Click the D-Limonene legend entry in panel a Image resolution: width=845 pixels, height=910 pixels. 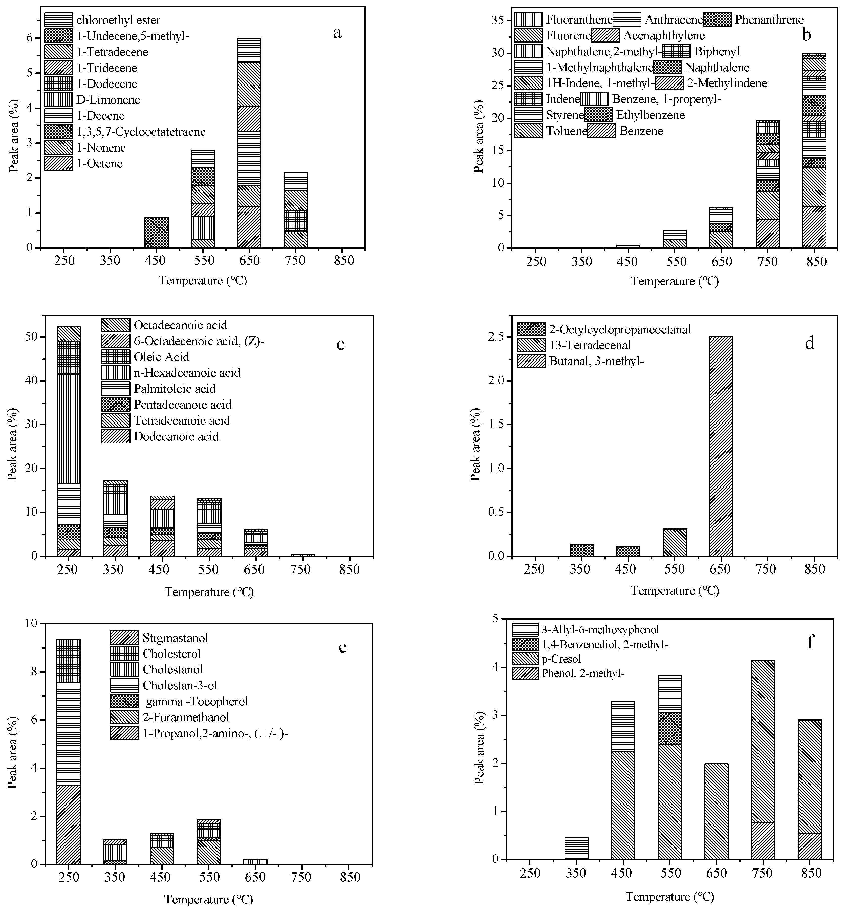pyautogui.click(x=108, y=100)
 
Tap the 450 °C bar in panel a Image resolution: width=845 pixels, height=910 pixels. pyautogui.click(x=156, y=232)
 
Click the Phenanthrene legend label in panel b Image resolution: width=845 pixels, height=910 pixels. pyautogui.click(x=769, y=20)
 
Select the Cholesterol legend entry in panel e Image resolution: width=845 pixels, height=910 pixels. pyautogui.click(x=171, y=653)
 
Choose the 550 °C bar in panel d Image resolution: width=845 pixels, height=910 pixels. pyautogui.click(x=675, y=542)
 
